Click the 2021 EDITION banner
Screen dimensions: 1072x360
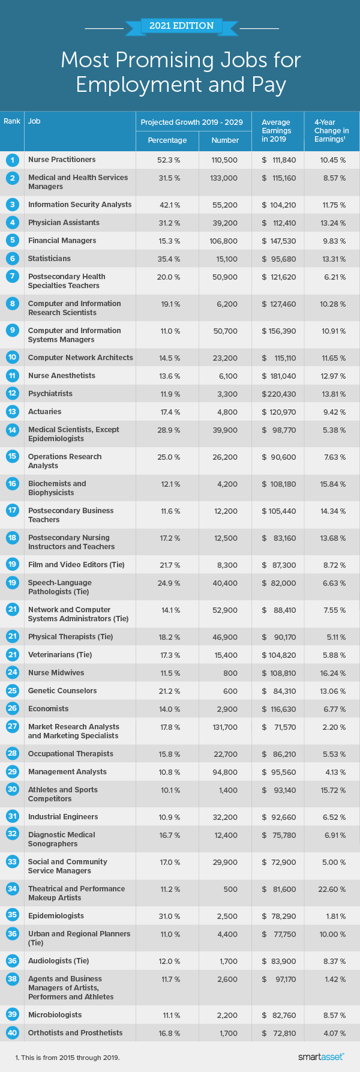[x=181, y=26]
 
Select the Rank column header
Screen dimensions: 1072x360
[x=12, y=121]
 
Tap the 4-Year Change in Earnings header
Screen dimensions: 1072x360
[x=331, y=130]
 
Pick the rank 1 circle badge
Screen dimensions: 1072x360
[x=12, y=160]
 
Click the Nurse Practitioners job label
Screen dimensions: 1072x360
[x=62, y=160]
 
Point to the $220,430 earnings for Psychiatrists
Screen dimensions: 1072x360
[x=278, y=394]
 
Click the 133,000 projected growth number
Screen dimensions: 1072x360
[x=225, y=178]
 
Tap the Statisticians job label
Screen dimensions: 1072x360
[x=49, y=259]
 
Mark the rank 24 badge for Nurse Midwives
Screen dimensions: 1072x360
[x=12, y=673]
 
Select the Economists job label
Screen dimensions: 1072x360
[x=48, y=709]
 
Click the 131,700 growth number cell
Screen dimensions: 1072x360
[x=225, y=727]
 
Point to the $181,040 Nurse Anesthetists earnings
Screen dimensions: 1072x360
[x=278, y=376]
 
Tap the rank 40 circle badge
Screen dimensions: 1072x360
[x=12, y=1033]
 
